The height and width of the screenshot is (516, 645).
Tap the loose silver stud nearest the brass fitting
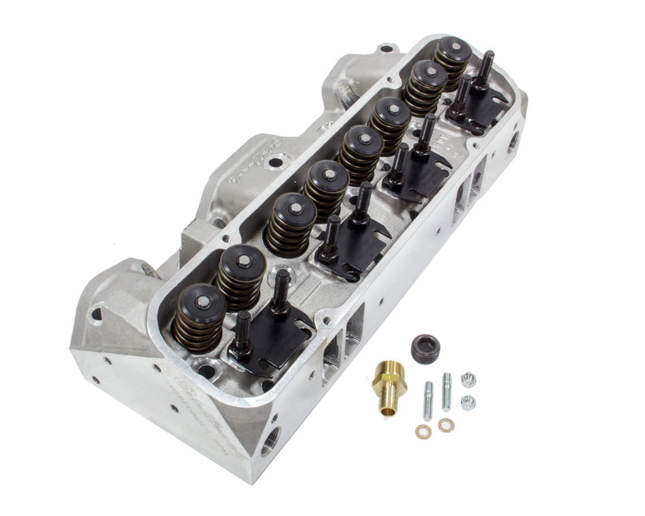(428, 401)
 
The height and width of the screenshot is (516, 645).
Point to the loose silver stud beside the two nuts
(447, 391)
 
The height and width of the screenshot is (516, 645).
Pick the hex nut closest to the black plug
(467, 379)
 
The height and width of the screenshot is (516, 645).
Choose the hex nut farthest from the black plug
(467, 403)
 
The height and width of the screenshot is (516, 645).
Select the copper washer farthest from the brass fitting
(446, 425)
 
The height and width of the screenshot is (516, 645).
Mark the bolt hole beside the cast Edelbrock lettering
(275, 163)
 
